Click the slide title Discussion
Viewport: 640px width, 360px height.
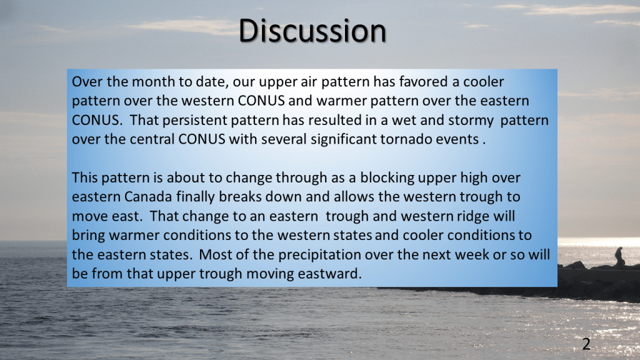coord(312,31)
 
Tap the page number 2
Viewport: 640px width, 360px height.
coord(586,344)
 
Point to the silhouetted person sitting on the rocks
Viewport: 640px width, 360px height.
coord(619,257)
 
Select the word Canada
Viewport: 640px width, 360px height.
coord(148,197)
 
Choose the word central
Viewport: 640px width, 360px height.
coord(152,139)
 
